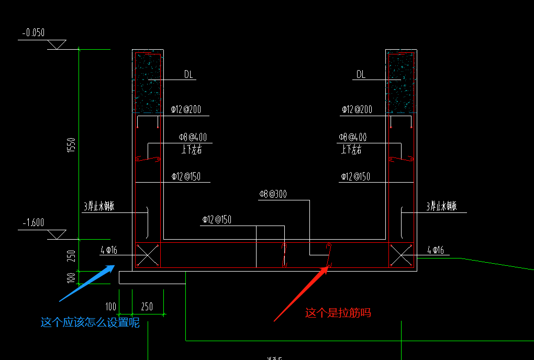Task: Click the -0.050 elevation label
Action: (x=34, y=33)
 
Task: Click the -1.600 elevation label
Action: (x=33, y=222)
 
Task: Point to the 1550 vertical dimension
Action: (x=71, y=145)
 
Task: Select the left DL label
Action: (x=188, y=75)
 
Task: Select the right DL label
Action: (x=361, y=75)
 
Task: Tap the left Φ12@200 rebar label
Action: (x=186, y=110)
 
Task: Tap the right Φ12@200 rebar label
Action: (x=357, y=110)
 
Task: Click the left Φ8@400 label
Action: (x=193, y=138)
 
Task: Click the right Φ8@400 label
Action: (x=352, y=138)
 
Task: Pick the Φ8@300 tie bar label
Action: (x=273, y=195)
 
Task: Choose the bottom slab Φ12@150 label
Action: (x=217, y=220)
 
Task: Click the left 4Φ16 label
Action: (x=109, y=251)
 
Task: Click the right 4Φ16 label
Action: (x=436, y=251)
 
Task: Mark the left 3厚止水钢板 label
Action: (x=99, y=207)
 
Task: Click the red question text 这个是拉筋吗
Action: (x=338, y=313)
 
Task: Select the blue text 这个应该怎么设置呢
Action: (x=90, y=322)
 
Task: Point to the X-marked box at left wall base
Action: (x=148, y=256)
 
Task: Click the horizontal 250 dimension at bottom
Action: (x=147, y=307)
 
